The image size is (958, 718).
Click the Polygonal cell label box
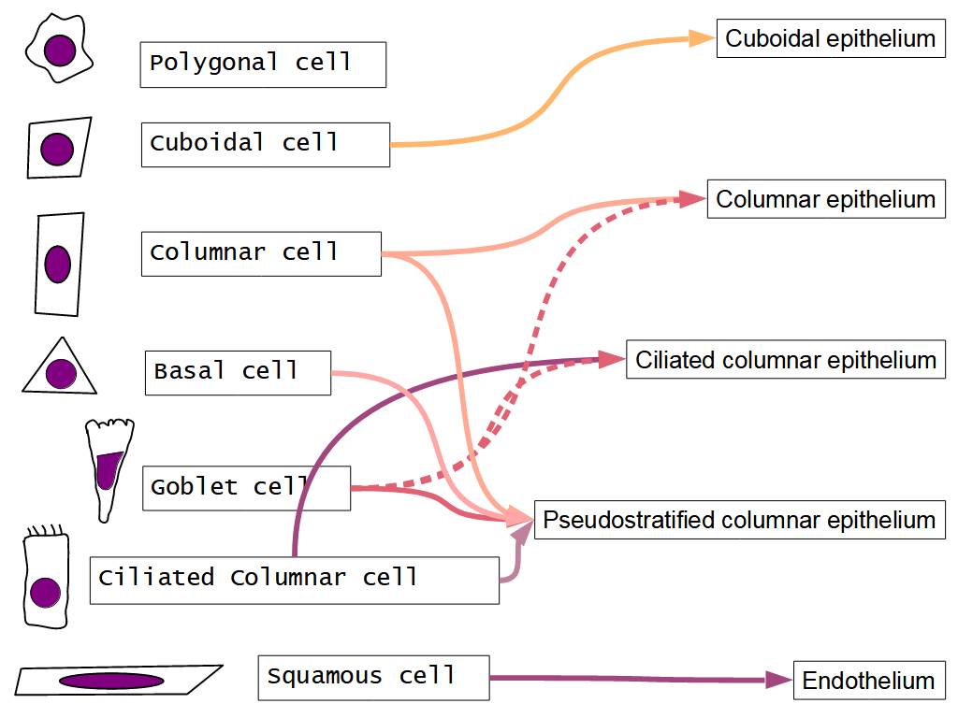263,65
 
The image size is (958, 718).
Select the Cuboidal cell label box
265,145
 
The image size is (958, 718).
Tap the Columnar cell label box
261,253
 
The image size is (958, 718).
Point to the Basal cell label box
238,372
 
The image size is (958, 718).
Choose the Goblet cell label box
245,488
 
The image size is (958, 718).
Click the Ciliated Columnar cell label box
294,580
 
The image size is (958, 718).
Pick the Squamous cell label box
373,678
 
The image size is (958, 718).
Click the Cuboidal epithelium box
830,39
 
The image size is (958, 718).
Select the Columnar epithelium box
825,199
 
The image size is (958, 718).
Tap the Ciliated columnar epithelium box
786,360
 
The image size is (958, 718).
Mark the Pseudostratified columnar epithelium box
739,520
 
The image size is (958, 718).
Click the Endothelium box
868,681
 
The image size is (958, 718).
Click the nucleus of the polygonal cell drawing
61,48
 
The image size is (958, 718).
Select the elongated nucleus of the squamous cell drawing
111,681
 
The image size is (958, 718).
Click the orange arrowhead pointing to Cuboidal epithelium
703,38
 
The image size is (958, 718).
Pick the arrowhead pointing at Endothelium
778,681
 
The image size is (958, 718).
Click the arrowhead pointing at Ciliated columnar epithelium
613,359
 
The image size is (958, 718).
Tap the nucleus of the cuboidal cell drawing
57,149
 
